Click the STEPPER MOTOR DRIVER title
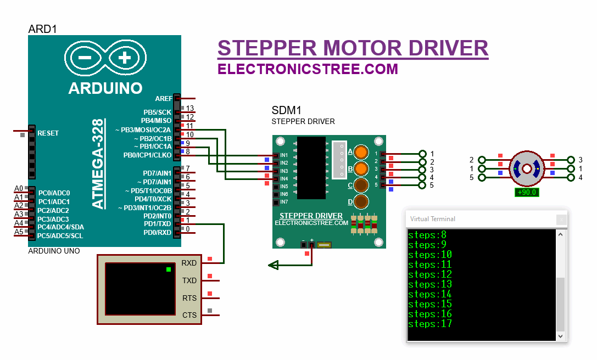click(x=353, y=48)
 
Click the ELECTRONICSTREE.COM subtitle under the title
click(x=308, y=69)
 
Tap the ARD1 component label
click(x=42, y=29)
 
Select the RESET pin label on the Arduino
click(x=48, y=133)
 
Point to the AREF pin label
click(x=163, y=99)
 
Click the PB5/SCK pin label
click(x=157, y=112)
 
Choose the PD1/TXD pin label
click(x=157, y=224)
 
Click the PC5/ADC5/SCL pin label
click(x=60, y=236)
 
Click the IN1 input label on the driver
click(x=284, y=156)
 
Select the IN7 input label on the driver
click(x=284, y=202)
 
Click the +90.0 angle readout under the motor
click(x=527, y=193)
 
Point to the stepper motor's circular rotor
click(x=527, y=168)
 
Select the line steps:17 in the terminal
click(x=430, y=324)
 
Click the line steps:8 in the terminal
click(x=428, y=235)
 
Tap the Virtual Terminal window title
click(x=433, y=219)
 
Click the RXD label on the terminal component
click(x=189, y=263)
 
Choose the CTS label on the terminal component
click(x=189, y=315)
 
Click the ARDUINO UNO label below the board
click(x=54, y=251)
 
